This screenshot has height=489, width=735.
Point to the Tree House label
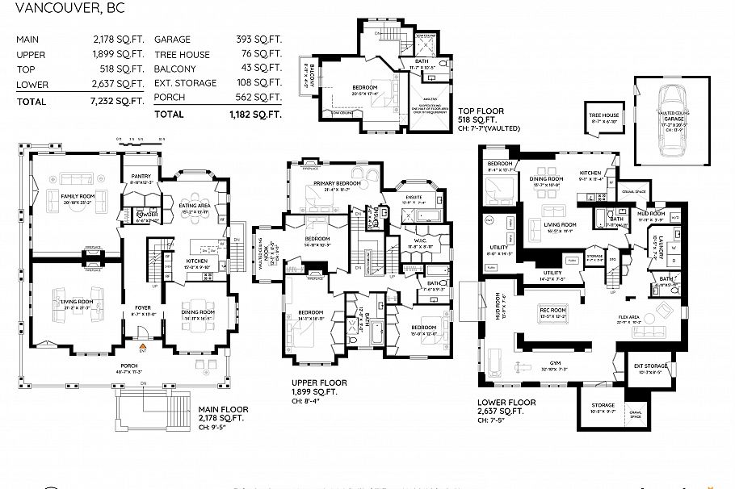click(603, 115)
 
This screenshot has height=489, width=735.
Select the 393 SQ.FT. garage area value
click(254, 39)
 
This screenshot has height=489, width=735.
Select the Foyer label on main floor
click(143, 307)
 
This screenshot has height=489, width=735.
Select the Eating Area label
click(195, 205)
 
